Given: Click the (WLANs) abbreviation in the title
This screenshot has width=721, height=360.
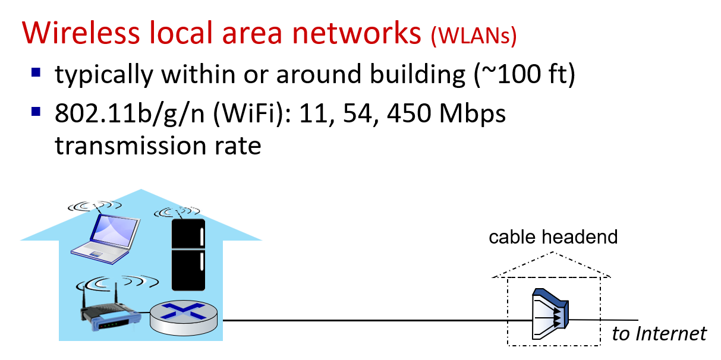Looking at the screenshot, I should click(x=474, y=36).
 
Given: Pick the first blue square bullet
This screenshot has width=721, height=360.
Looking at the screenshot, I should click(x=36, y=72).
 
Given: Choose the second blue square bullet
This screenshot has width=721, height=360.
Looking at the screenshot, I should click(x=36, y=111).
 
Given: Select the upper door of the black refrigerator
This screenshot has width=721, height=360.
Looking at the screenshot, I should click(x=188, y=235).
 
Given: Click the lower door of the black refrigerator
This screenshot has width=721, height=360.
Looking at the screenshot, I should click(x=188, y=270).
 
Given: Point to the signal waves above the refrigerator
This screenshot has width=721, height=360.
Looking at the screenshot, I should click(x=178, y=211).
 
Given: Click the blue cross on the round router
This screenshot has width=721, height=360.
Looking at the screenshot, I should click(x=183, y=311).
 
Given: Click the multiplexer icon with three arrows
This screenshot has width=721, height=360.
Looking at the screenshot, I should click(x=550, y=315).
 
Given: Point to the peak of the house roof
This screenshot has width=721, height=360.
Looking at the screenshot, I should click(x=141, y=190).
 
